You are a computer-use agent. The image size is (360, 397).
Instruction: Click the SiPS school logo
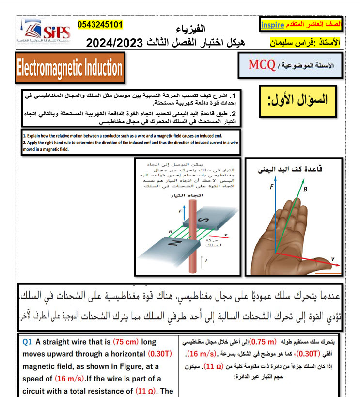point(47,32)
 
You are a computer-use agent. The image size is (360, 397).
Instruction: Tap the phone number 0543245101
point(100,24)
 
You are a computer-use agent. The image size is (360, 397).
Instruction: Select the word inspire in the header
point(272,24)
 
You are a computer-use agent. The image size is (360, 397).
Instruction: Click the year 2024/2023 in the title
point(114,43)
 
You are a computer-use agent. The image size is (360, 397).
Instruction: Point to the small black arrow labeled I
point(206,262)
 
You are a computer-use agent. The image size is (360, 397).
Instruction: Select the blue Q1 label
point(28,342)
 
